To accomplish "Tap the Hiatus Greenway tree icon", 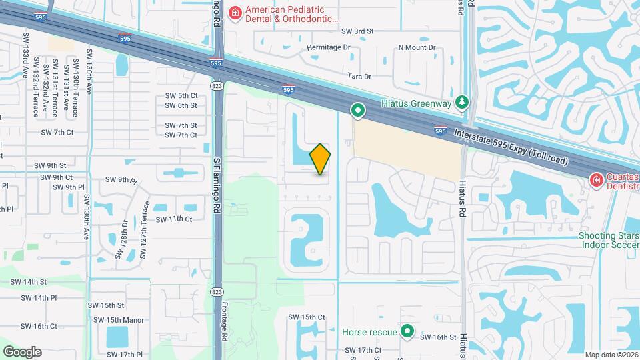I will pos(461,102).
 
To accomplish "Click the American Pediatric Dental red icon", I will pos(235,13).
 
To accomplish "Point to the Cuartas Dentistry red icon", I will pos(596,180).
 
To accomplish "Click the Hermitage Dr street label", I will pos(328,48).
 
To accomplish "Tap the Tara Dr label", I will pos(359,77).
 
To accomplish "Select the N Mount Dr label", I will pos(416,48).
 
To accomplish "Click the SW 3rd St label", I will pos(357,31).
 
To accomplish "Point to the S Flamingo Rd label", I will pos(217,185).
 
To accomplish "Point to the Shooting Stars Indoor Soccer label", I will pos(608,240).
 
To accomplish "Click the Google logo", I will pos(22,351).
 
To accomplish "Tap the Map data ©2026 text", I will pos(611,355).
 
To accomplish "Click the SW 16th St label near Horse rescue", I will pos(438,337).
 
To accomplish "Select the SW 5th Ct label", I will pos(181,96).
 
